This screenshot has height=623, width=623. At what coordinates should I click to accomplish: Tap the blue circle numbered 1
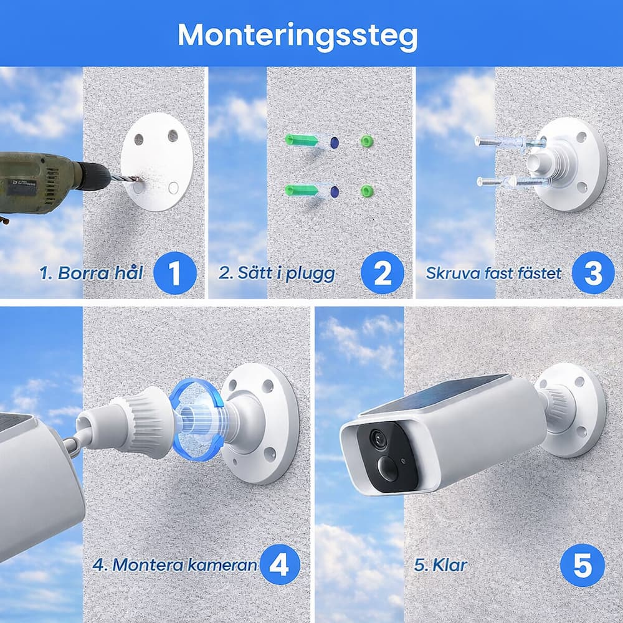(x=175, y=273)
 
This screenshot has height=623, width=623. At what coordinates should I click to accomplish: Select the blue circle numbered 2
(x=383, y=273)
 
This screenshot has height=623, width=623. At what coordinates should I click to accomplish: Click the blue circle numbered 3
(x=593, y=273)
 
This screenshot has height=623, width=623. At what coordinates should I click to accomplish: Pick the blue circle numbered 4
(x=279, y=564)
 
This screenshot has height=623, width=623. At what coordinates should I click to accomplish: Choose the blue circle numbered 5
(x=582, y=565)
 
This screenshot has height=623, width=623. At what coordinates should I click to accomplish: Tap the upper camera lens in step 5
(x=378, y=437)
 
